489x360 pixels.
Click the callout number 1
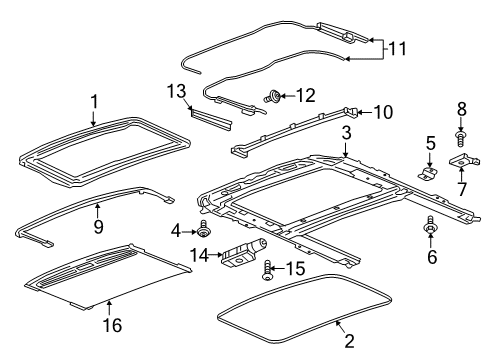coord(95,101)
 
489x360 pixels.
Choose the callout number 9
coord(98,209)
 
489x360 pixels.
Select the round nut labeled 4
coord(205,232)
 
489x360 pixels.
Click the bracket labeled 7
coord(461,161)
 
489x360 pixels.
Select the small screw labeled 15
coord(267,271)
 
